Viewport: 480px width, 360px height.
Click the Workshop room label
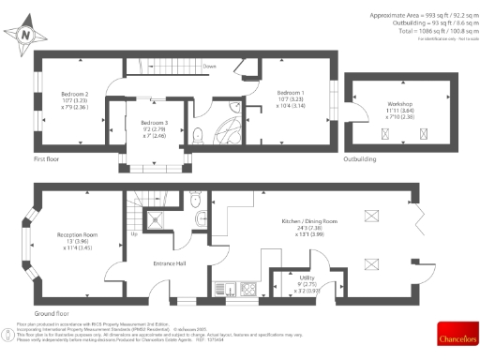[401, 104]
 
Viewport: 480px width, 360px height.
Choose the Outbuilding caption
[360, 159]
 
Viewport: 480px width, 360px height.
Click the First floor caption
[47, 159]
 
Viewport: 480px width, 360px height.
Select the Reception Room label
[78, 234]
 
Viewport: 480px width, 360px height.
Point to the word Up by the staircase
[135, 233]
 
